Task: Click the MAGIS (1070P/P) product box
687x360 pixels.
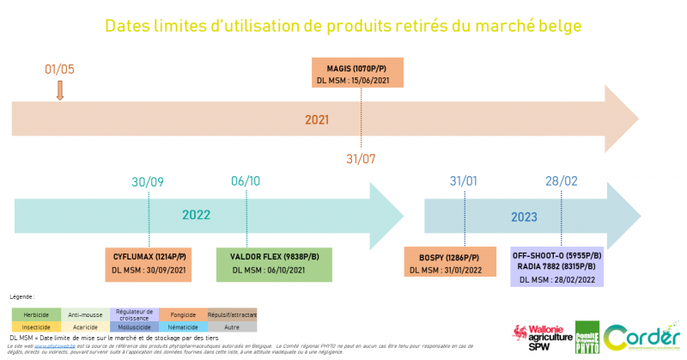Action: pos(362,73)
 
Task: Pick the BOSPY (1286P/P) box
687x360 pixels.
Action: pos(450,263)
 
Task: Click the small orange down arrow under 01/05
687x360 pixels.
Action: pos(60,89)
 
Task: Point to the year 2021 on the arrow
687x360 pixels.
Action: pos(317,119)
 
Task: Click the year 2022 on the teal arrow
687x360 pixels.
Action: pos(196,216)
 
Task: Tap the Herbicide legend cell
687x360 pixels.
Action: pos(36,314)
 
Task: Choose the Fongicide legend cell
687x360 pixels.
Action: pos(183,314)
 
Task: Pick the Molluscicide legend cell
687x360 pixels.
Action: pos(134,326)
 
